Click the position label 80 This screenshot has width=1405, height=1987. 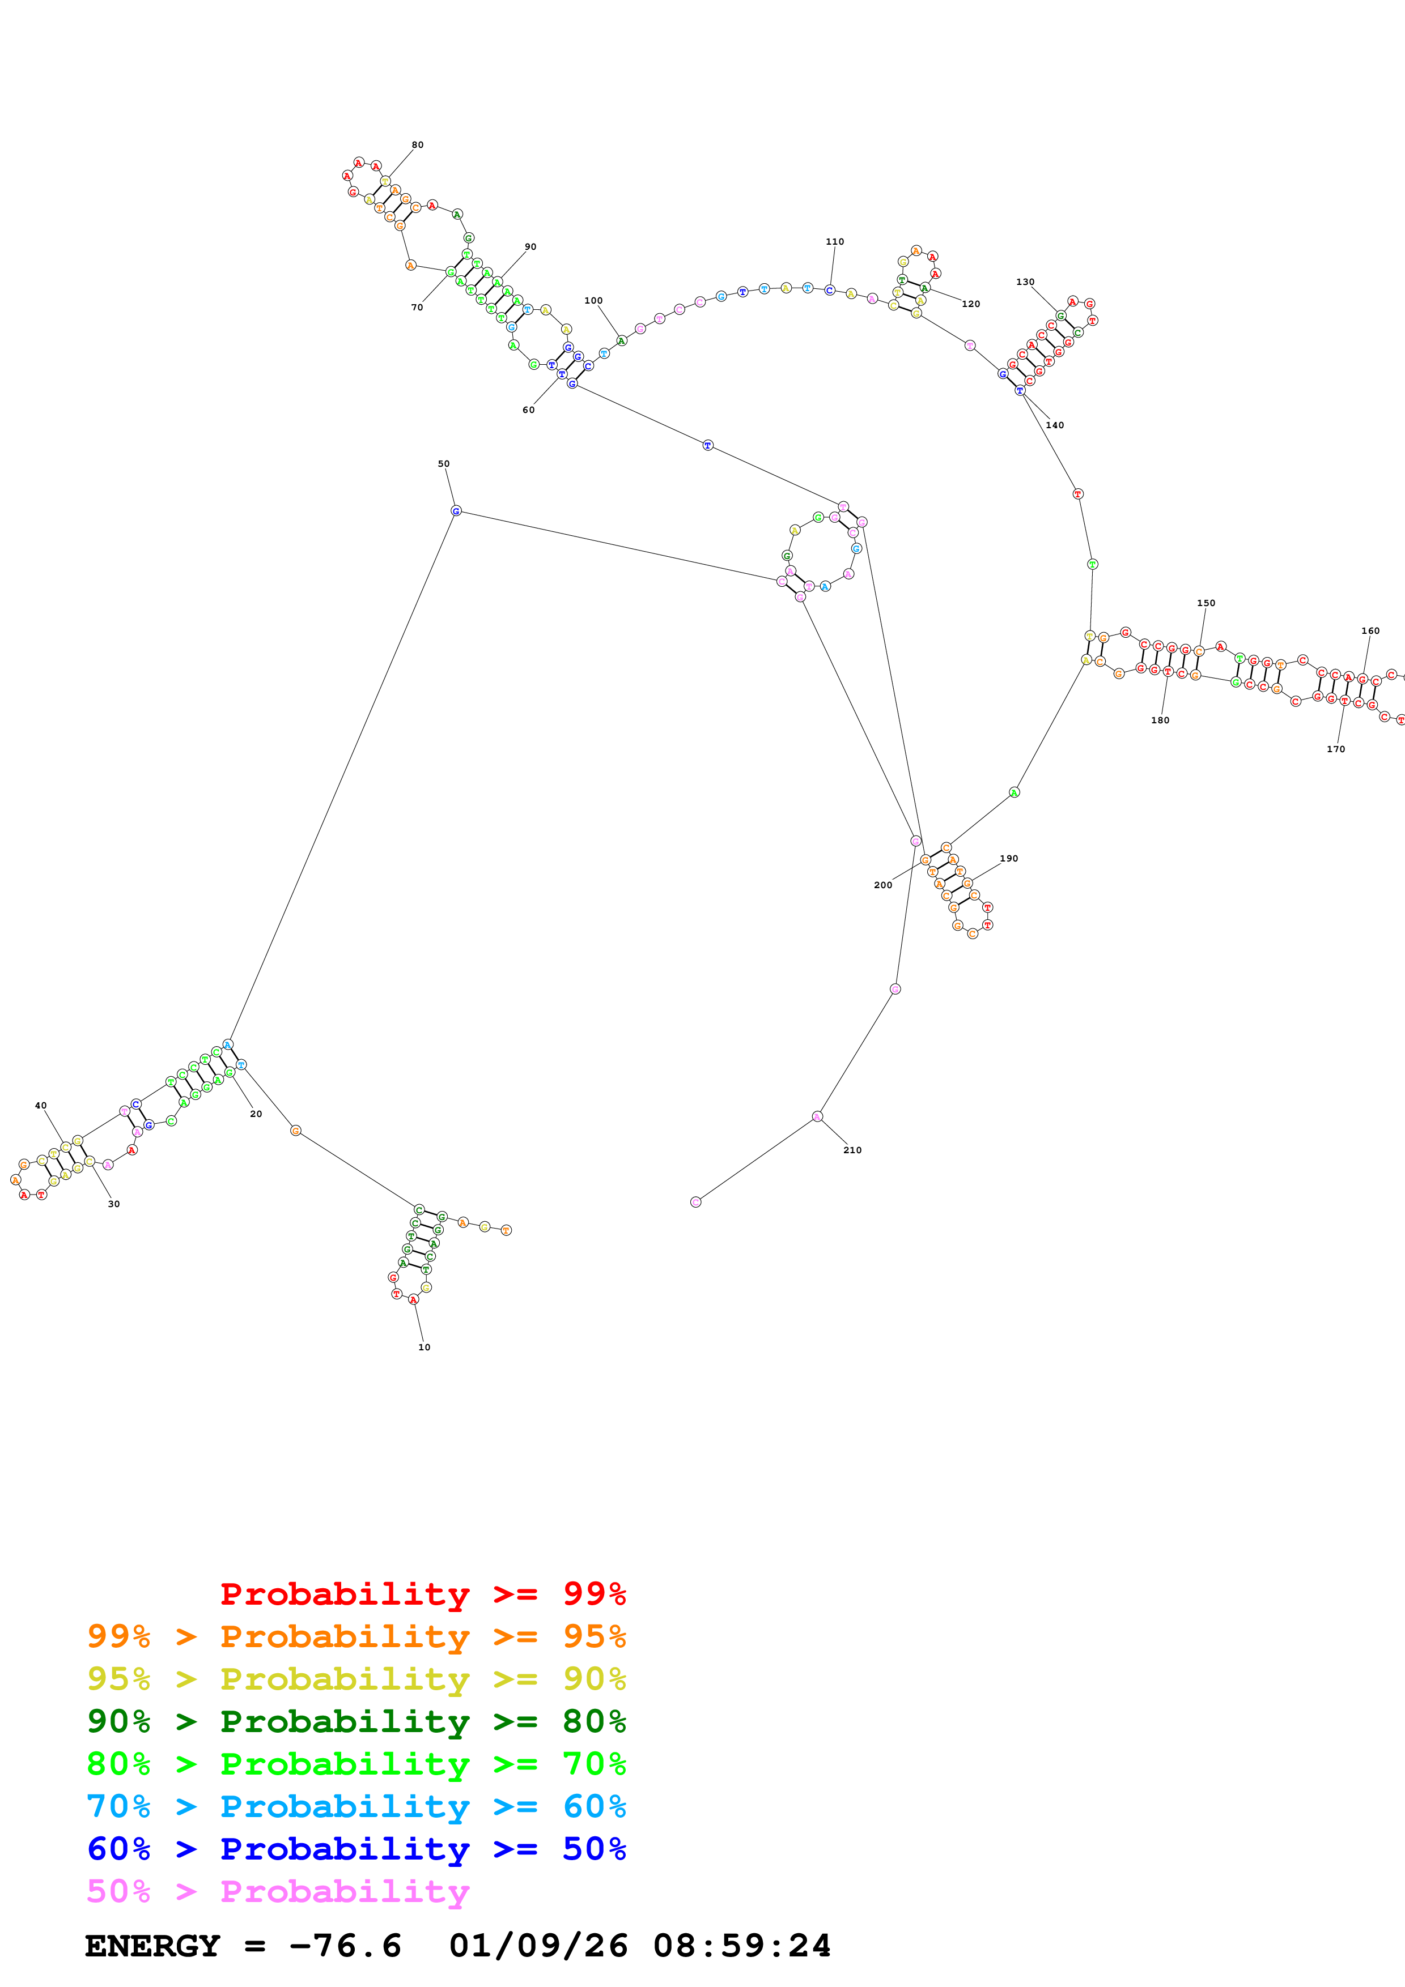click(x=417, y=144)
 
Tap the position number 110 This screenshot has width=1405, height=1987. click(x=834, y=241)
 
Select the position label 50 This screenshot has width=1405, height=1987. click(x=443, y=464)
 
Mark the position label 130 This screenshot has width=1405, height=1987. click(x=1025, y=282)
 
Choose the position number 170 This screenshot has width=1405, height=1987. click(x=1336, y=749)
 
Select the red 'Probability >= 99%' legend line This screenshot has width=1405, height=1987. click(x=422, y=1594)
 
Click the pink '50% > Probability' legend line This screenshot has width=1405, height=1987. click(x=277, y=1892)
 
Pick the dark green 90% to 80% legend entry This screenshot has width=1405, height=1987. click(x=356, y=1721)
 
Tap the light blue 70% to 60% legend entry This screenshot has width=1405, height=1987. click(x=356, y=1806)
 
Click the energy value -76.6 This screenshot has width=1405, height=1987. click(x=345, y=1946)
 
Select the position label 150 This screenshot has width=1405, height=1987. click(x=1206, y=603)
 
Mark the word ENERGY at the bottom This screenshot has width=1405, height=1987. click(x=152, y=1946)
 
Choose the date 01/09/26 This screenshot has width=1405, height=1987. click(x=538, y=1946)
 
